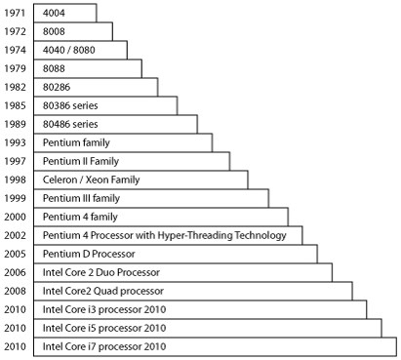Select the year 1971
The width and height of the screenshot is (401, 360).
(x=15, y=13)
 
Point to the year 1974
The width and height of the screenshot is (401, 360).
(x=15, y=50)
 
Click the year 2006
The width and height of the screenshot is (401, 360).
(x=15, y=272)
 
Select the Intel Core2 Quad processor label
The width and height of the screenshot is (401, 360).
(x=102, y=291)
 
